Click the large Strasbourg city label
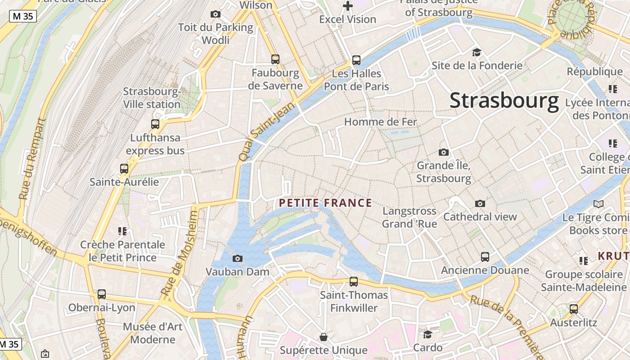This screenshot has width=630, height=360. [504, 100]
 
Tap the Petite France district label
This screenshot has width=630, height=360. [325, 203]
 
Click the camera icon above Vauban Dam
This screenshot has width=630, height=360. [237, 258]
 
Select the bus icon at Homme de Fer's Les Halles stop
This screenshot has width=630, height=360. [356, 60]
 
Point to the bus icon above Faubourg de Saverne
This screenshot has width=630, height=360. [275, 59]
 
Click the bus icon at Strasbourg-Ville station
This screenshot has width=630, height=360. [155, 124]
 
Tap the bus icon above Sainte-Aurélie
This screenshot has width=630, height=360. [124, 169]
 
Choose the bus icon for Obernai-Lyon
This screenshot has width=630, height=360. [102, 294]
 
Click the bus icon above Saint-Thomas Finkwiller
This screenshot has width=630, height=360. [354, 282]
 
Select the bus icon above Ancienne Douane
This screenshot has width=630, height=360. [485, 257]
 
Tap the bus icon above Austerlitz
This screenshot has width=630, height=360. [574, 309]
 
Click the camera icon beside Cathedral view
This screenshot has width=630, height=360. [480, 203]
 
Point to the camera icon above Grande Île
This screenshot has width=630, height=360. [444, 152]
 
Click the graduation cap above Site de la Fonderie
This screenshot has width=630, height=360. [477, 52]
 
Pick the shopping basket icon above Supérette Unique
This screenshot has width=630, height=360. [323, 337]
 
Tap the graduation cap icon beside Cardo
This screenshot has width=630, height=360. [427, 334]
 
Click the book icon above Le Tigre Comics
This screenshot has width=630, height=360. [598, 204]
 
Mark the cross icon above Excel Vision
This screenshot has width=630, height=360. [347, 6]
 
